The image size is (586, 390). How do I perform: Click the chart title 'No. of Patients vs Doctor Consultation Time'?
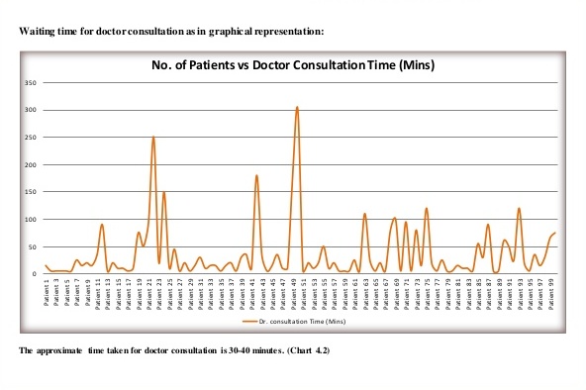pos(294,66)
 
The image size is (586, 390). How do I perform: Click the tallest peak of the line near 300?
pos(297,107)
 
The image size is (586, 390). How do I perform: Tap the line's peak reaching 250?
pos(153,138)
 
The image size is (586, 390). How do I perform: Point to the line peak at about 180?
pos(256,176)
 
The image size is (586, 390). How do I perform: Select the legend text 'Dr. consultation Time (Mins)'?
pos(298,322)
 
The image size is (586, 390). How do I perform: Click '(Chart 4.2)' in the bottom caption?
pos(305,351)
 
